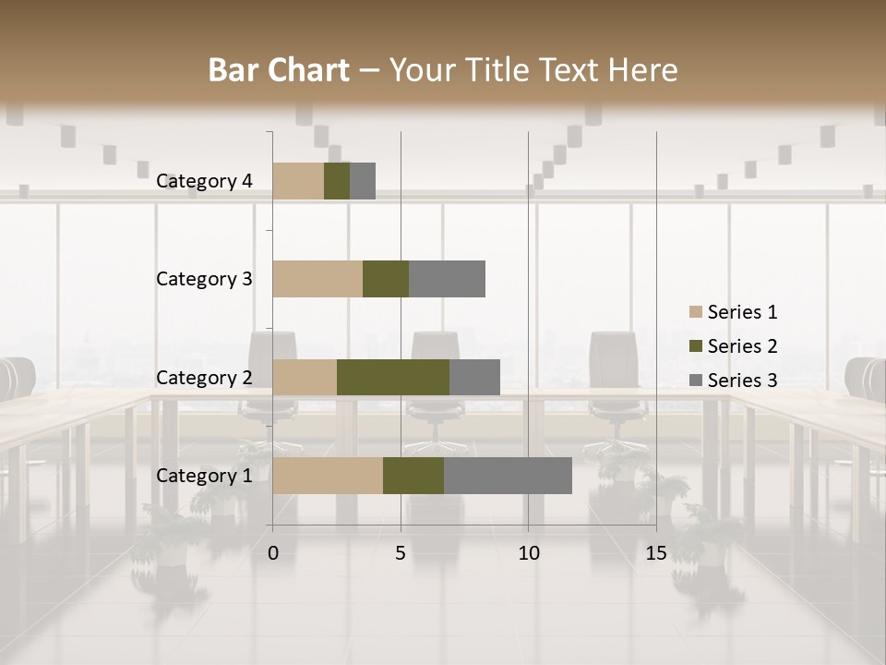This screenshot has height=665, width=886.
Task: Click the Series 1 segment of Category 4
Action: (298, 181)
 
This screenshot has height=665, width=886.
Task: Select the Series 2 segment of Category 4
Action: (337, 181)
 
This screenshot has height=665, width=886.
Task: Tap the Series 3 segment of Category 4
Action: (363, 181)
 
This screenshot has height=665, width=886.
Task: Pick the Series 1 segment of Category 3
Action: (317, 279)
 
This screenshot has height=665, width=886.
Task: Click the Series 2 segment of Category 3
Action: (386, 279)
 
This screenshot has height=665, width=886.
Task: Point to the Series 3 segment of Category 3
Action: (447, 279)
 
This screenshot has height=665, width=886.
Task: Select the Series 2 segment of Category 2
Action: (393, 377)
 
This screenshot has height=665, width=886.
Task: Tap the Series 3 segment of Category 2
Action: (474, 377)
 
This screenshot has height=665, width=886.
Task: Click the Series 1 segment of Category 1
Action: (328, 476)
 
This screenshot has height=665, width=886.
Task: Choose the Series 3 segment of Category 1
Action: (508, 476)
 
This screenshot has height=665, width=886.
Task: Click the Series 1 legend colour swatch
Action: (695, 312)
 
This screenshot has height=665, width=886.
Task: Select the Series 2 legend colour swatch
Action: (695, 346)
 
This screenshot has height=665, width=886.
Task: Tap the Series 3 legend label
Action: (742, 381)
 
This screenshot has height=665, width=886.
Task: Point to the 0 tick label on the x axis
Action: (273, 553)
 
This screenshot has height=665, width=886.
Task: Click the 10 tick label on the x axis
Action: (528, 553)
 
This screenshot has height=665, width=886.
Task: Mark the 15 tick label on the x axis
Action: (656, 553)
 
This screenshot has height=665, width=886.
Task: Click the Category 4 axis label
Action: (204, 181)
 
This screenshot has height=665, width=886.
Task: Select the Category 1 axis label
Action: (204, 476)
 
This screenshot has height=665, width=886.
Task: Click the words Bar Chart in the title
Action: (279, 70)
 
